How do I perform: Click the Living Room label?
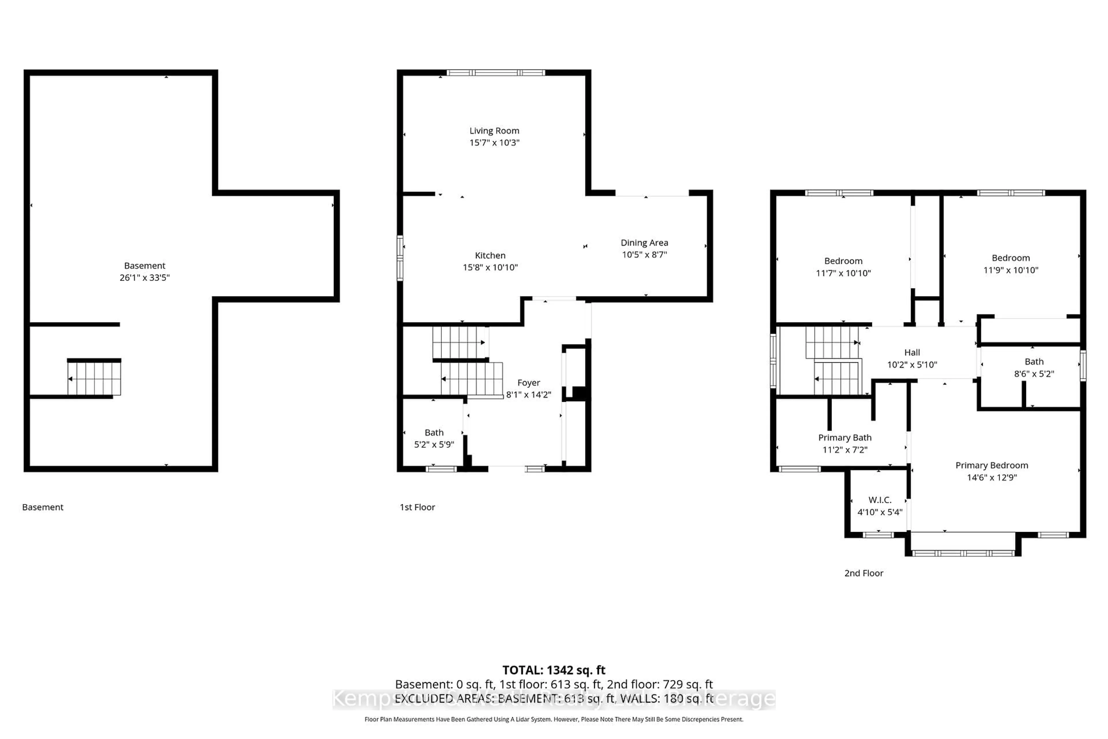click(x=494, y=130)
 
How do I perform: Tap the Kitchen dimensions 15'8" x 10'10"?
click(x=490, y=267)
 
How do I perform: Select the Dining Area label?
click(x=644, y=243)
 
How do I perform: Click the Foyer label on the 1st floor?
click(x=529, y=383)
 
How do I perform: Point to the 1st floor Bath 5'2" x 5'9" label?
click(x=434, y=438)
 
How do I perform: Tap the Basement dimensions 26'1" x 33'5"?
click(x=145, y=278)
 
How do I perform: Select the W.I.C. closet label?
click(x=879, y=500)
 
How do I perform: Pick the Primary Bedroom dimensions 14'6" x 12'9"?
click(x=992, y=477)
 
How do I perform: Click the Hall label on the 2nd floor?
click(x=912, y=352)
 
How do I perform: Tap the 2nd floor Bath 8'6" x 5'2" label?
click(x=1034, y=367)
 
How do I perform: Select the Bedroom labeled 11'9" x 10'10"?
click(x=1010, y=264)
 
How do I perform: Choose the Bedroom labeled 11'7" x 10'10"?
click(x=843, y=267)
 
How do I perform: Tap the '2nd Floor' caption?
click(x=864, y=573)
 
